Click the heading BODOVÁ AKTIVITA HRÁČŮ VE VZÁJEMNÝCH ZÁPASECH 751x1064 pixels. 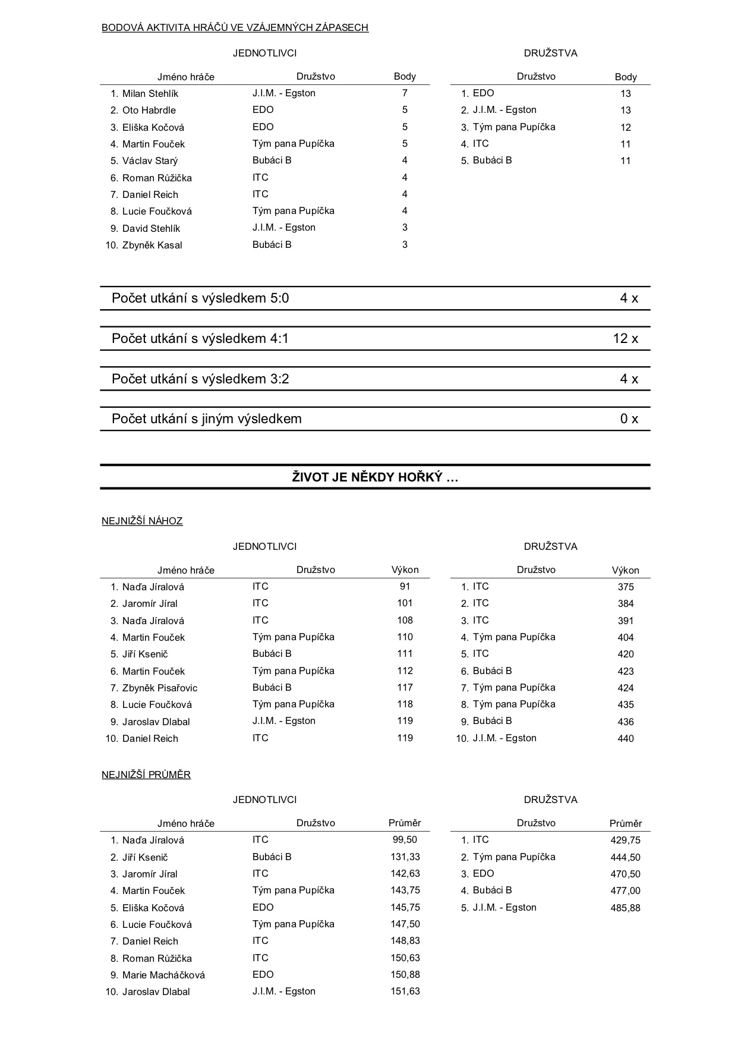coord(235,27)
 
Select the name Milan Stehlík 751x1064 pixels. coord(150,93)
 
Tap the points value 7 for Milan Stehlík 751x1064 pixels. coord(405,93)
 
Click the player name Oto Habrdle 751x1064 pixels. coord(149,110)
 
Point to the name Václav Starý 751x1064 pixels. coord(150,160)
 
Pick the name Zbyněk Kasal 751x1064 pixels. coord(152,245)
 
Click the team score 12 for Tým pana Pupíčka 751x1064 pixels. coord(625,127)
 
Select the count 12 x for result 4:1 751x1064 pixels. coord(625,339)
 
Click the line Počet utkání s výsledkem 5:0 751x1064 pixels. coord(200,298)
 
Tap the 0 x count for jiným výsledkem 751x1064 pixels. coord(629,419)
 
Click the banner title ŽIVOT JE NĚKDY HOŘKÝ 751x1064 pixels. coord(375,477)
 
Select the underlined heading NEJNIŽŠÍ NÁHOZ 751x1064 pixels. coord(142,521)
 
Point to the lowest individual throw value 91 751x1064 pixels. coord(405,586)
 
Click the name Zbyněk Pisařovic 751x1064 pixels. coord(159,688)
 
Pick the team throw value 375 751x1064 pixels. coord(625,587)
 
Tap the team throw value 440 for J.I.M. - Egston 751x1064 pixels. coord(625,738)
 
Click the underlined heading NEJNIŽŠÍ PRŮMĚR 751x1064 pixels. coord(146,775)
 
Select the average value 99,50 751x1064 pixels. coord(405,839)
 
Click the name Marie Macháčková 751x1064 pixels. coord(163,975)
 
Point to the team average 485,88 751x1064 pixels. coord(625,908)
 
